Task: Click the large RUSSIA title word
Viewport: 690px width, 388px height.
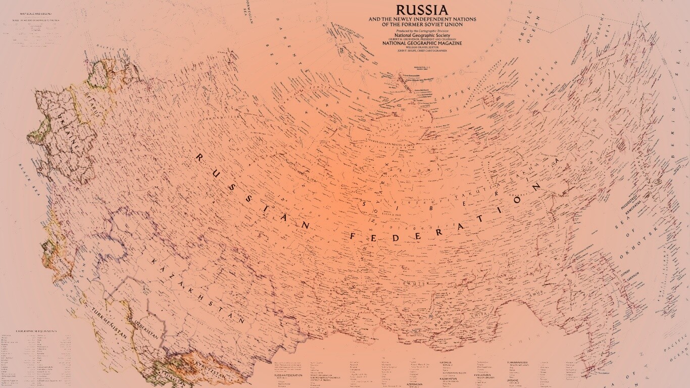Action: pos(422,10)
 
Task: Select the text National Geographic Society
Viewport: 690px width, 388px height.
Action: pos(422,35)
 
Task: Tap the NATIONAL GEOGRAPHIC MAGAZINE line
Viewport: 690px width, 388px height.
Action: pos(422,43)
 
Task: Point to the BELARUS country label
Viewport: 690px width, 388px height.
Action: pos(93,102)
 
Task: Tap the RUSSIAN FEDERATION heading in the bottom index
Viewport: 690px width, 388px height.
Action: pos(288,375)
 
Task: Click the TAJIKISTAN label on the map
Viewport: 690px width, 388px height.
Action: pos(172,378)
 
